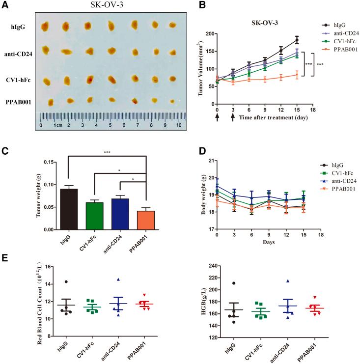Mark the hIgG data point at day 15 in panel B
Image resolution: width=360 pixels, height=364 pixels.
pyautogui.click(x=296, y=39)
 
